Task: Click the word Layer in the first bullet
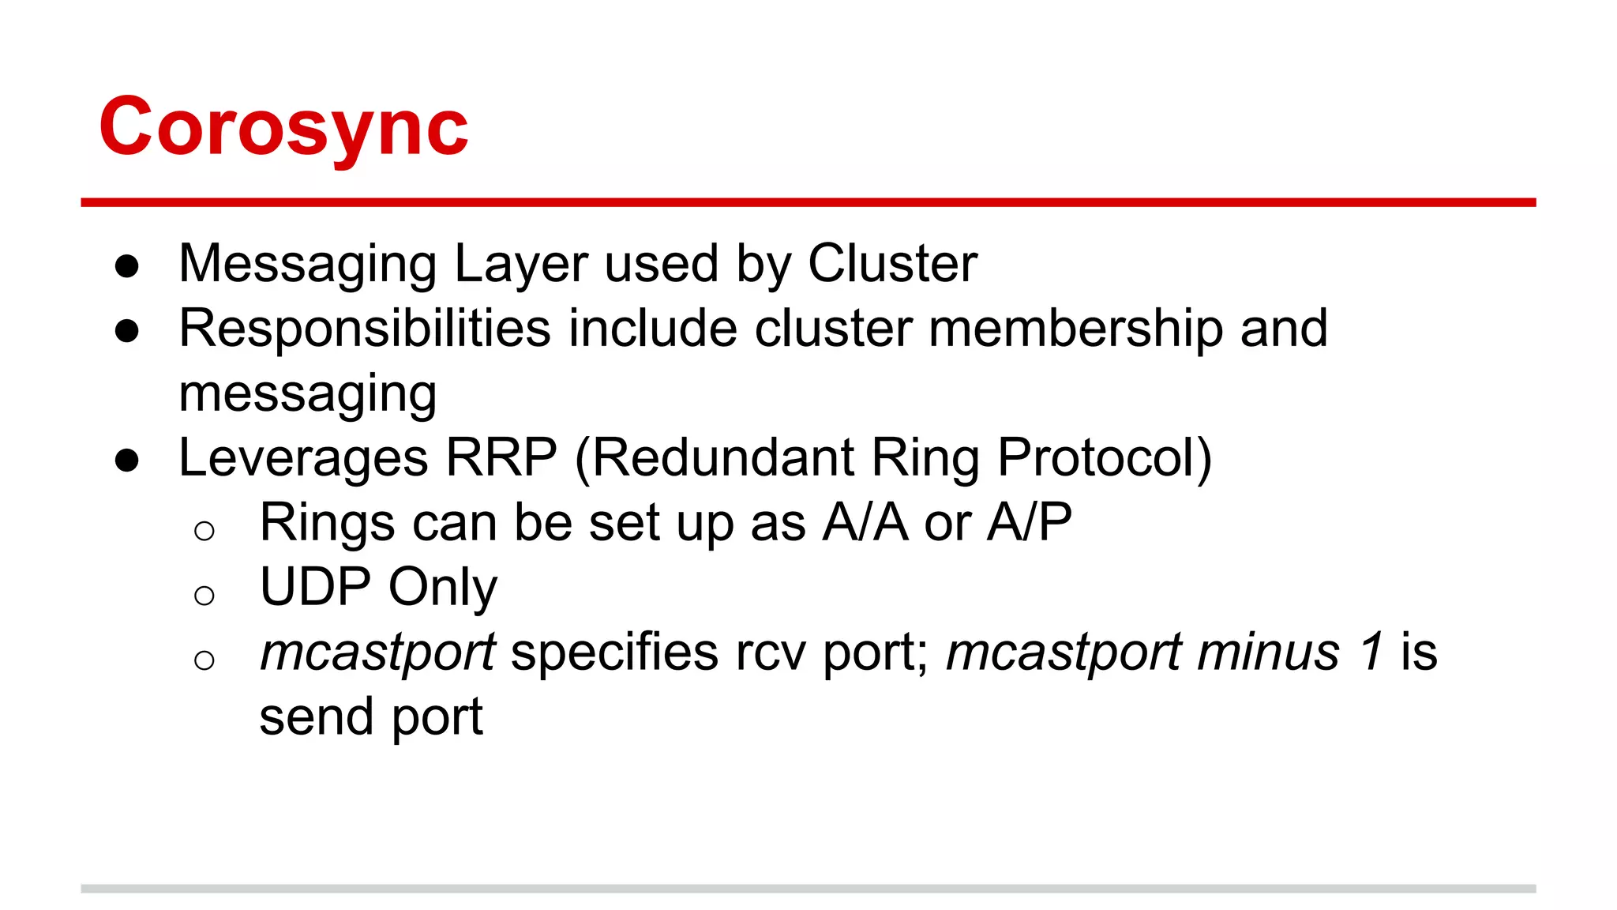(520, 265)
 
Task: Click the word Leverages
(304, 459)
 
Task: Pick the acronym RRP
(501, 457)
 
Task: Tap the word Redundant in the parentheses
(722, 457)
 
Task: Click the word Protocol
(1097, 457)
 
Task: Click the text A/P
(1030, 523)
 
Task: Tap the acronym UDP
(315, 588)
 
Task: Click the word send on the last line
(316, 717)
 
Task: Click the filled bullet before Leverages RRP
(127, 461)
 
